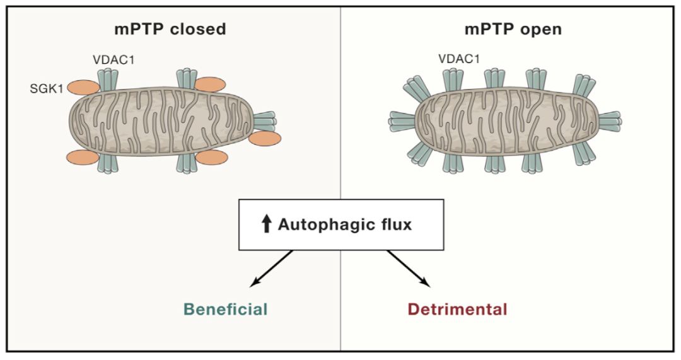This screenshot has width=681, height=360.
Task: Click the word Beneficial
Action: pyautogui.click(x=226, y=310)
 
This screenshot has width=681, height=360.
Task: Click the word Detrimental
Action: pyautogui.click(x=457, y=310)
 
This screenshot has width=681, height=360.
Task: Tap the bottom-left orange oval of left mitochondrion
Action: pyautogui.click(x=83, y=158)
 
